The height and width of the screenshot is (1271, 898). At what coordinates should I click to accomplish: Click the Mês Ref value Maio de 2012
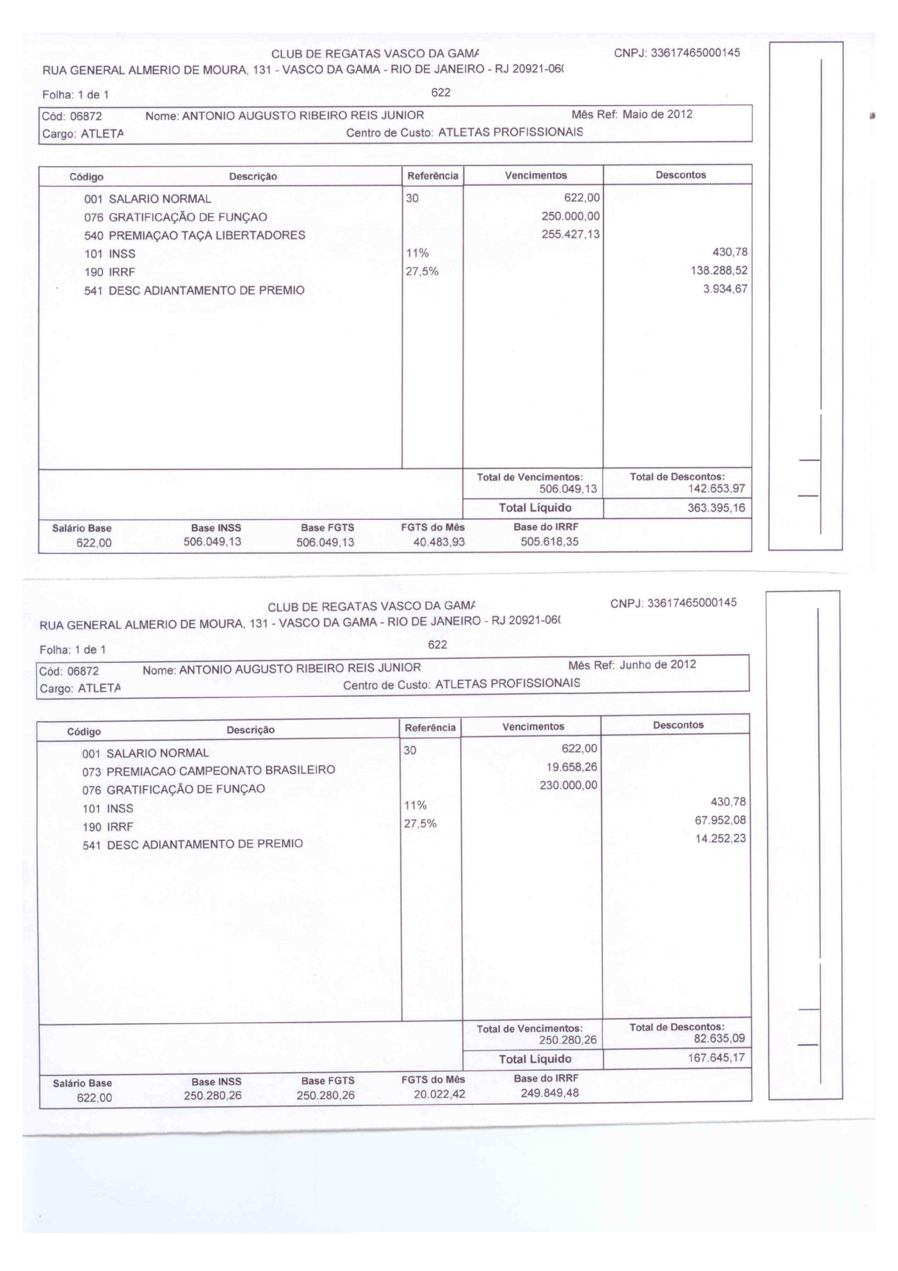point(657,114)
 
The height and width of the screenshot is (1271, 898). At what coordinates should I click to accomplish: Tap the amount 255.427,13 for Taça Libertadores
point(570,234)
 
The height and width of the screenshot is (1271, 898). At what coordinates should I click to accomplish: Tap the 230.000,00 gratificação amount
point(568,785)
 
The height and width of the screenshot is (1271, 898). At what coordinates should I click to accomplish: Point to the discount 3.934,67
point(725,289)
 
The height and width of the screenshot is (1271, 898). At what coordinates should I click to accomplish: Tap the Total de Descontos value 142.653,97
point(717,489)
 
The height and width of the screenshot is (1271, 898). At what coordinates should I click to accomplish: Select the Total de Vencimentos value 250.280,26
point(568,1040)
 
